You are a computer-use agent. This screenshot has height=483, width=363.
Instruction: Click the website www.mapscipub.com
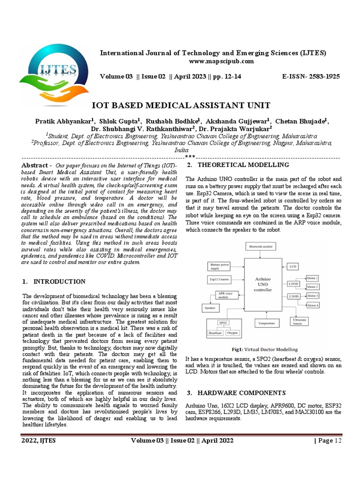pos(222,61)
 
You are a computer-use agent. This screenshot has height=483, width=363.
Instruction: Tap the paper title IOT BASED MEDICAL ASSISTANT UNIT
pos(181,105)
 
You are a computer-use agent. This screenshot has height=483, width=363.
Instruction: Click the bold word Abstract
pos(35,165)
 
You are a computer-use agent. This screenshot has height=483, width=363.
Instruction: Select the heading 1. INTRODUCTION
pos(54,282)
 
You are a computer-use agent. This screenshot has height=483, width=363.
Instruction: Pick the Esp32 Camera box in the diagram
pos(220,280)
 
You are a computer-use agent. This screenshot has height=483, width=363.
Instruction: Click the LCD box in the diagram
pos(293,266)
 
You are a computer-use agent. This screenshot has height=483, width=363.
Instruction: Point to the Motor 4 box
pos(312,305)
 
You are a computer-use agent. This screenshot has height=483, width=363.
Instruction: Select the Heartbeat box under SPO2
pos(216,333)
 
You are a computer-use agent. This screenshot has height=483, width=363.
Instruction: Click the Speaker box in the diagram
pos(209,308)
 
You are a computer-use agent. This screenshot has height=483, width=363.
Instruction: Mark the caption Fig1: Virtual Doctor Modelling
pos(264,350)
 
